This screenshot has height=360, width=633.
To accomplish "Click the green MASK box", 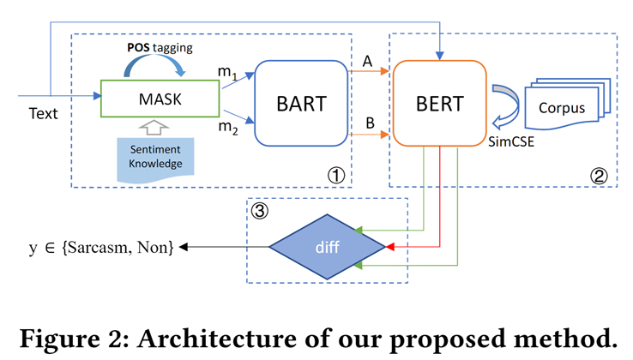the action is coord(160,99).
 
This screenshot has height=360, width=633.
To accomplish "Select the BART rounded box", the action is coord(301,103).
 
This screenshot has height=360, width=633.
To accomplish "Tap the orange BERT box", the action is coord(440,103).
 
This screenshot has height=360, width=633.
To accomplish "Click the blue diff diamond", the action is coord(328,247).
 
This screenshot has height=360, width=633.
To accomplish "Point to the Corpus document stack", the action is coord(567,104).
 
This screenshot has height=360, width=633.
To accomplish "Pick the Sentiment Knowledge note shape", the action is coord(155,159).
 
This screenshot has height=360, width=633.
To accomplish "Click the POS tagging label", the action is coord(160,48).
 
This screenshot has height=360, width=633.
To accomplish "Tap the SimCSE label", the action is coord(511,141).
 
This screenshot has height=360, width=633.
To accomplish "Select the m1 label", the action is coord(227,72).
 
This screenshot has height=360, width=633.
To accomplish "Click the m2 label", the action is coord(227,127).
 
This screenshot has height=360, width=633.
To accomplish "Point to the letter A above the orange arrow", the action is coord(367,62).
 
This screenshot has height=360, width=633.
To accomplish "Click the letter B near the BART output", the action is coord(370,123).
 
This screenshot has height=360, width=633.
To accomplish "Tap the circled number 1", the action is coord(336,175).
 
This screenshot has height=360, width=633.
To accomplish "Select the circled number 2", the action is coord(599,176).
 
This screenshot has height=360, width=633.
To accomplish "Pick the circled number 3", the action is coord(259,211).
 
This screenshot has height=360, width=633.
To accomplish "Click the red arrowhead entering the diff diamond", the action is coord(389,247).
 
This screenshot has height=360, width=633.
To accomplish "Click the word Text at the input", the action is coord(43,113).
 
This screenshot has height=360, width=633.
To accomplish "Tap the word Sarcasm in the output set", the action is coord(96,247).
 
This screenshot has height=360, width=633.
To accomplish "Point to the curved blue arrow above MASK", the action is coord(154,64).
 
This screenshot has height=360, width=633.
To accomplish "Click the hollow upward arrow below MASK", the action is coord(154,127).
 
